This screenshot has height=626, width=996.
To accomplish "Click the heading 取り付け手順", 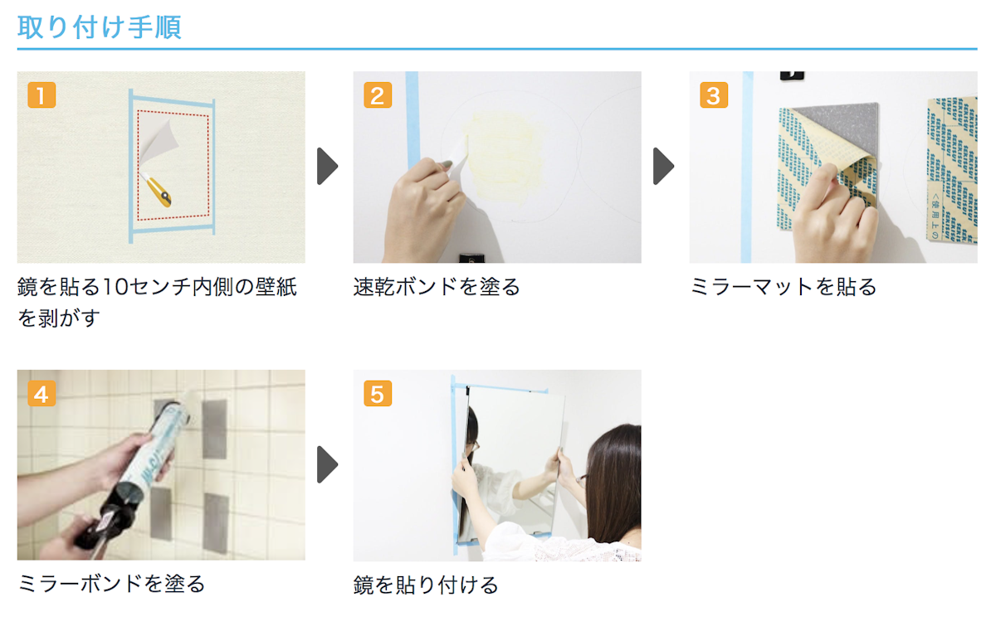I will pos(100,27).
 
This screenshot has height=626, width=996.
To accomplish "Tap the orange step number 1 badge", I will pos(41,95).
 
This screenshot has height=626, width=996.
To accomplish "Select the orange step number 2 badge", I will pos(377,95).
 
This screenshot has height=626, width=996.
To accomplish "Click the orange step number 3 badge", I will pos(713,95).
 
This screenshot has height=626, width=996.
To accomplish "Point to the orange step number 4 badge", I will pos(41,393).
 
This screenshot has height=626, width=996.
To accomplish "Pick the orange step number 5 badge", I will pos(377,393).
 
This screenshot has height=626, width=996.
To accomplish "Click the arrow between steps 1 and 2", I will pos(328,167).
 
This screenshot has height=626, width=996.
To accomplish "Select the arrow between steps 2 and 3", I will pos(663,167).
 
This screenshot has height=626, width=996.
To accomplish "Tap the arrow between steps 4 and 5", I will pos(328,464).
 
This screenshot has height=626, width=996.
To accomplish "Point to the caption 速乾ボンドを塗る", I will pos(437,288).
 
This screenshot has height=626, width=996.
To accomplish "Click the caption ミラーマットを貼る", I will pos(783,288).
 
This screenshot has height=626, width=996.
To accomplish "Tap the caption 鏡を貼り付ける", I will pos(426,585).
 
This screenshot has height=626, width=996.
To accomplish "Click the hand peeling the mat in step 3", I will pos(834,211).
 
